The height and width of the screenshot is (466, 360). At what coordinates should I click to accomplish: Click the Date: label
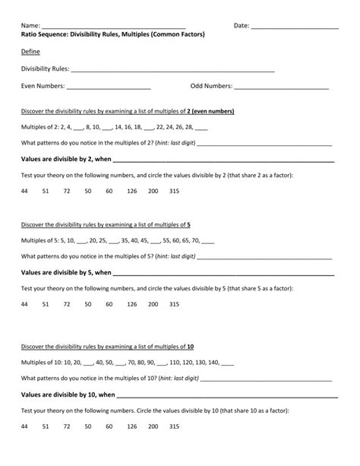click(x=242, y=26)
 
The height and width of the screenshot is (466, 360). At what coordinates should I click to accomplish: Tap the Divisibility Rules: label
click(x=44, y=69)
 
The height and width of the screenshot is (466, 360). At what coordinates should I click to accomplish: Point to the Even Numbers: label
click(x=43, y=86)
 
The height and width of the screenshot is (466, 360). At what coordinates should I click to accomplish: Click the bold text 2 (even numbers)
click(x=210, y=111)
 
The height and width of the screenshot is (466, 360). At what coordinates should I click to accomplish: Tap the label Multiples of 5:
click(x=43, y=239)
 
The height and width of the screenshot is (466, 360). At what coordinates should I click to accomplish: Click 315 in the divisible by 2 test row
click(x=174, y=191)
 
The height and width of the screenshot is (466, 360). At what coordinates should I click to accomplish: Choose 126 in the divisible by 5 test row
click(x=131, y=303)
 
